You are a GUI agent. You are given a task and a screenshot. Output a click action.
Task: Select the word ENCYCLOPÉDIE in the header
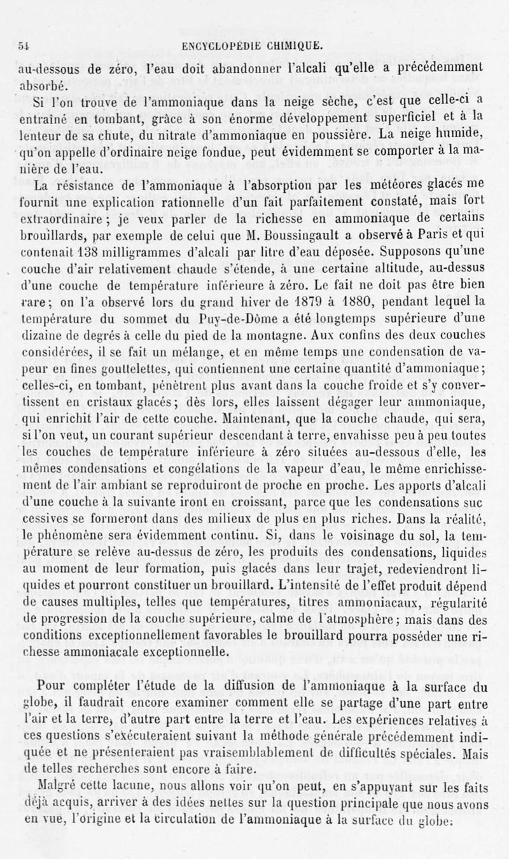[x=220, y=45]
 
